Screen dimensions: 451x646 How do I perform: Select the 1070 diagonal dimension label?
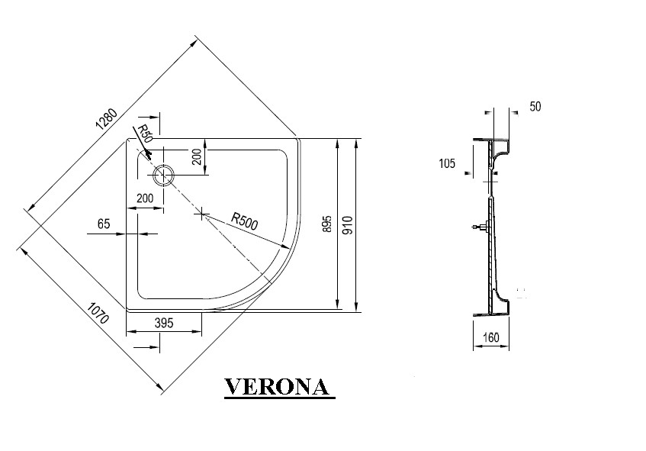pos(96,315)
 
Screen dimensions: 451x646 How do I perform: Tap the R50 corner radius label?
pos(145,136)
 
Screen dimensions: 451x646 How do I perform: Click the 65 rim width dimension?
pos(104,224)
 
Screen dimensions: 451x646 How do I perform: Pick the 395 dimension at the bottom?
pos(164,323)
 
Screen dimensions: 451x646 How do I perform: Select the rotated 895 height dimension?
pos(326,224)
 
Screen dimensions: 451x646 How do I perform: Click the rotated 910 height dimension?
pos(347,224)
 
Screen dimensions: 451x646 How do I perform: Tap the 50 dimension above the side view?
pos(535,107)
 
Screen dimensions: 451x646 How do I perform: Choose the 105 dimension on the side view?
pos(447,163)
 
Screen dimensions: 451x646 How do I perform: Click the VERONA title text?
pos(278,387)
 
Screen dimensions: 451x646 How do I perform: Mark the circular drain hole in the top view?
pos(163,176)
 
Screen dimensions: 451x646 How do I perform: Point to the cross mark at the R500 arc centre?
pos(201,214)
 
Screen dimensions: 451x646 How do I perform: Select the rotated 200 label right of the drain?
pos(197,157)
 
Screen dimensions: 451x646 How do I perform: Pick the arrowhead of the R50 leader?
pos(149,155)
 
